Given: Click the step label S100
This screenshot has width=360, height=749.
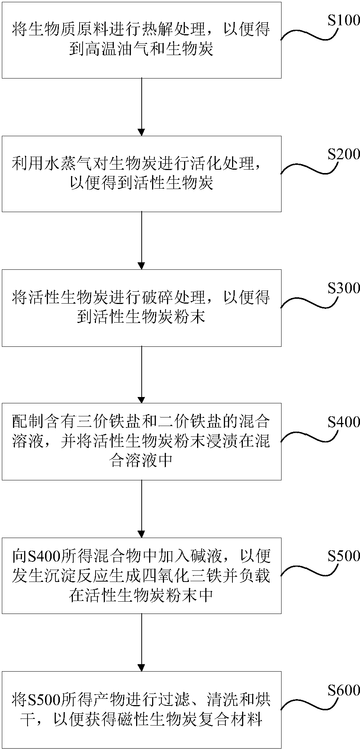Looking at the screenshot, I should [x=343, y=21].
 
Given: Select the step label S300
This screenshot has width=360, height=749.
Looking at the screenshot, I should [x=343, y=288].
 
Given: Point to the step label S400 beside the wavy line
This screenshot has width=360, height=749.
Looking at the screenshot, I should [x=343, y=422].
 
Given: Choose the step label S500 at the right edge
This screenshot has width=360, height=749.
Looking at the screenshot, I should [x=343, y=556].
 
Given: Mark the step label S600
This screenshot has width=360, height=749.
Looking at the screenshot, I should [x=343, y=690].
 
